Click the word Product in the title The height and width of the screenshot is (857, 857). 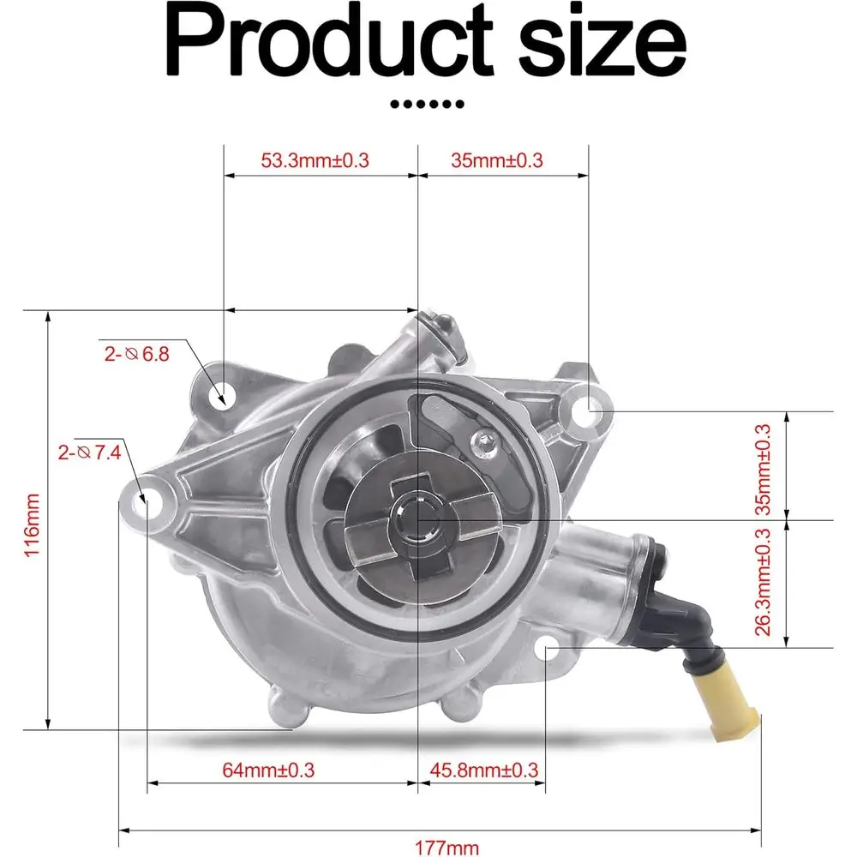(x=328, y=41)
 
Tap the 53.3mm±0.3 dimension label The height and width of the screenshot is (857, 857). (x=315, y=160)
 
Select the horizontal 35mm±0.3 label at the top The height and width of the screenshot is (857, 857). (x=497, y=160)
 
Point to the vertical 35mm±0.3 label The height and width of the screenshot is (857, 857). (x=763, y=470)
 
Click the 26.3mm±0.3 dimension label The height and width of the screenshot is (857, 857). (x=763, y=582)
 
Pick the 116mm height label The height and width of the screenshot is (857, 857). (x=33, y=524)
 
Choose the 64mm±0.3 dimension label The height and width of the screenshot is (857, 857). (x=268, y=770)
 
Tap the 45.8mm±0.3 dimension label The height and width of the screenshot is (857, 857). (x=484, y=770)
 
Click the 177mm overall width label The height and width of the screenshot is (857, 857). (x=447, y=848)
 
